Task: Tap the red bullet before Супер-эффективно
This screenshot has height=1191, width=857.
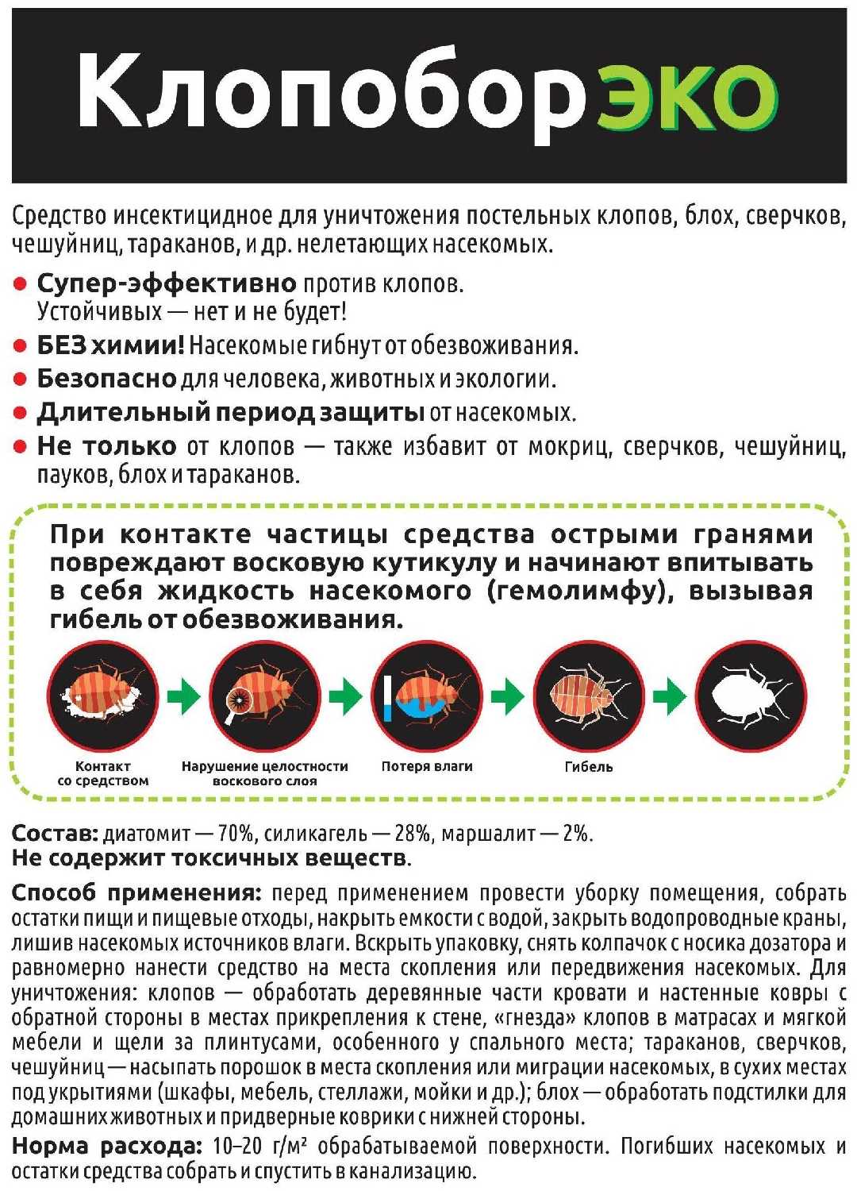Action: click(x=21, y=284)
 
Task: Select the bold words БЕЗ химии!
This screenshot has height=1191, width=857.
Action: click(x=110, y=345)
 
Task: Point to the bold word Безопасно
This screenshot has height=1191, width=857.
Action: click(x=106, y=379)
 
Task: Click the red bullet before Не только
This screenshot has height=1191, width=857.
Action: click(x=21, y=447)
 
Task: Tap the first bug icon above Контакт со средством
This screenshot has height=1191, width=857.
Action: click(x=102, y=696)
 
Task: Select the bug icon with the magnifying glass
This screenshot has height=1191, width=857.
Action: click(x=265, y=696)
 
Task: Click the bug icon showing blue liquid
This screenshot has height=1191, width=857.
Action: click(x=427, y=696)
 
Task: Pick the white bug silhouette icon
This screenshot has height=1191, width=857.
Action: click(x=751, y=696)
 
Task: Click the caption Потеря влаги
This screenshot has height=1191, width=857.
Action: click(x=427, y=767)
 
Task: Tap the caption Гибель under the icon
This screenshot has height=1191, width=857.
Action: click(x=589, y=767)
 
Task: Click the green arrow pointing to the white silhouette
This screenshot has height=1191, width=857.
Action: click(x=669, y=696)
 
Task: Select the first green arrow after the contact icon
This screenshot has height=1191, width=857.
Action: click(x=183, y=696)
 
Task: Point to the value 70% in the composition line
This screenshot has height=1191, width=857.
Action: click(x=236, y=834)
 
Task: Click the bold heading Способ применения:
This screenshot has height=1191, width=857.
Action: click(x=136, y=892)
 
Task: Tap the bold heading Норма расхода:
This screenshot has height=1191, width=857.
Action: click(x=107, y=1146)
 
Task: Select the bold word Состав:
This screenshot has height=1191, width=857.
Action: click(x=54, y=834)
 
